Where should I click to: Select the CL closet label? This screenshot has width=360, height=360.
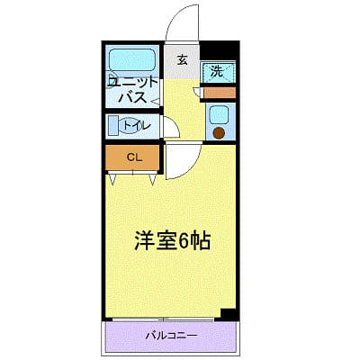point(133,158)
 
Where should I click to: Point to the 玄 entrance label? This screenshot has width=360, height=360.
point(182,61)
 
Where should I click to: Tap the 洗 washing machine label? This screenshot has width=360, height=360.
point(217,71)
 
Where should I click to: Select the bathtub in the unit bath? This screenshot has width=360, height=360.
point(133,61)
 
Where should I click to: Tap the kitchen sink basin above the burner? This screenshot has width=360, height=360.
point(218,114)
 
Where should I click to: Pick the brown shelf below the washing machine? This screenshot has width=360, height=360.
point(217,92)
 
